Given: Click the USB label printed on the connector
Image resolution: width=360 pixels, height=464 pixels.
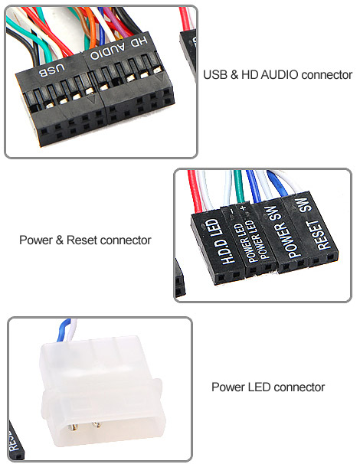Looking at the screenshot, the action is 52,70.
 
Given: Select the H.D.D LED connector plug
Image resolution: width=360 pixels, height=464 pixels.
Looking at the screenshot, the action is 218,245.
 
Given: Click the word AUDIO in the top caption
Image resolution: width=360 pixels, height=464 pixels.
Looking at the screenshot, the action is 279,75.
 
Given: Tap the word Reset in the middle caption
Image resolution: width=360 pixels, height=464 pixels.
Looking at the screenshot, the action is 82,240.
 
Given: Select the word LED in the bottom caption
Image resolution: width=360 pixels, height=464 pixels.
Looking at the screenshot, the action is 258,387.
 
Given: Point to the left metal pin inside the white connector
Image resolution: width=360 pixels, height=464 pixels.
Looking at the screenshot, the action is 73,427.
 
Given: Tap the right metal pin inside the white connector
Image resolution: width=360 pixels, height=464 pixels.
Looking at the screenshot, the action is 97,425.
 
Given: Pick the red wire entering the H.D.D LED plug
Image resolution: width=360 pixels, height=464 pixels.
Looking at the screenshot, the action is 195,191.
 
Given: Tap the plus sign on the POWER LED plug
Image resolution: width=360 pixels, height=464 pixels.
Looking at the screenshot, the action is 244,207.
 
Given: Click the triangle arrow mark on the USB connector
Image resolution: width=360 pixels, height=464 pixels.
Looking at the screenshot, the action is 92,100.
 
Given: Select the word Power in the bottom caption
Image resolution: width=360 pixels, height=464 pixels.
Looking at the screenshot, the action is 227,387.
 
